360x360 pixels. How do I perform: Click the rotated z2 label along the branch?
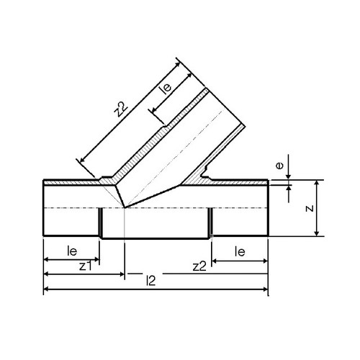[x=120, y=109]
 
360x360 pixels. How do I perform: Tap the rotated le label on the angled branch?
[x=166, y=87]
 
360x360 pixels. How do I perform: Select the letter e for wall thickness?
[x=279, y=166]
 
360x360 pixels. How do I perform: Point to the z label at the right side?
[x=310, y=208]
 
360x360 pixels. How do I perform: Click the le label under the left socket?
[x=72, y=251]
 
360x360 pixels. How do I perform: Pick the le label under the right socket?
[x=240, y=252]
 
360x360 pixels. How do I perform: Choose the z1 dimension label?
[x=86, y=266]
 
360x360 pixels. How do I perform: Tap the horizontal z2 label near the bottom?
[x=199, y=266]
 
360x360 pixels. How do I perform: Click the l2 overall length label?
[x=151, y=281]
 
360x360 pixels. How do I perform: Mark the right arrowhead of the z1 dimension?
[x=122, y=274]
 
